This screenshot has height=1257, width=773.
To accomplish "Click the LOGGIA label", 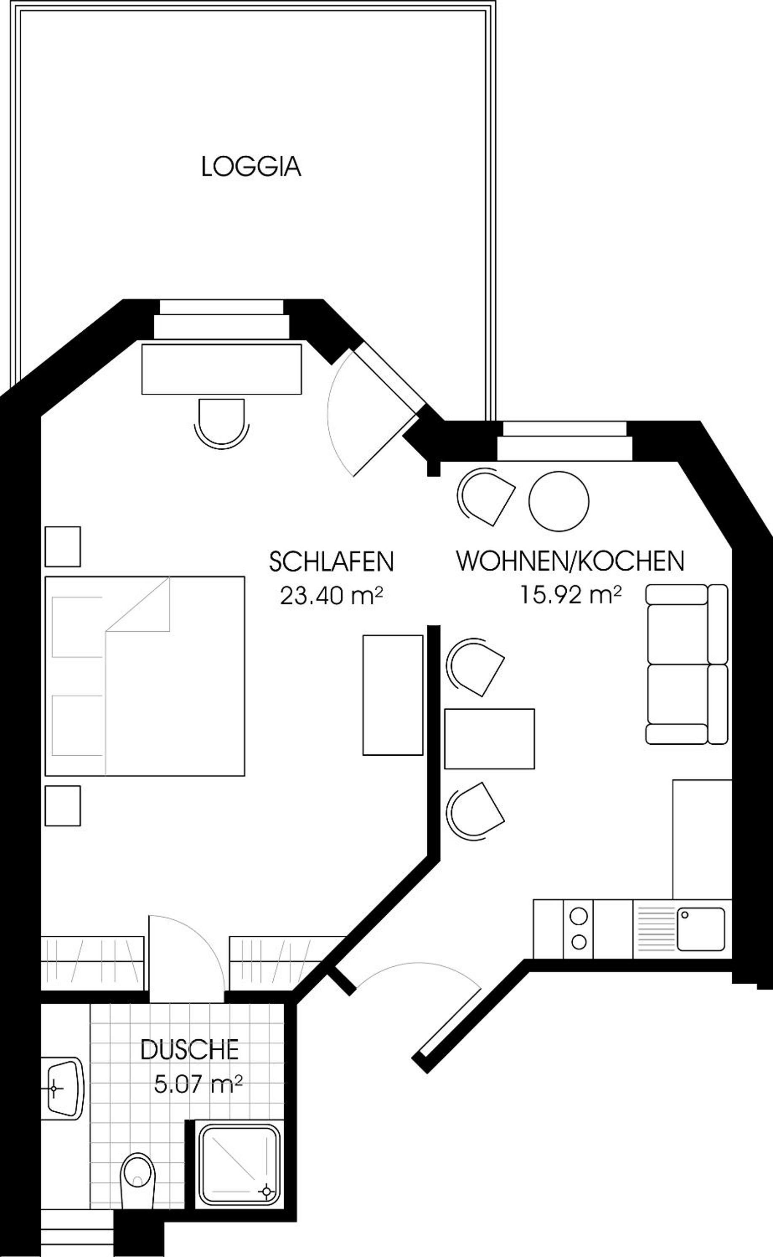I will (251, 167).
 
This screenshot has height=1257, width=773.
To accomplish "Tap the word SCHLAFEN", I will (331, 562).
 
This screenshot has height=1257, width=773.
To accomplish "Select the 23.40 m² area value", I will (331, 596).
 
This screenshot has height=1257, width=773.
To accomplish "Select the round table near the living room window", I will (559, 501).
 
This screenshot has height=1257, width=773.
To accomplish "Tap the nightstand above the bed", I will (63, 547).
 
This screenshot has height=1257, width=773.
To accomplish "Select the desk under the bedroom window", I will (221, 369).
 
